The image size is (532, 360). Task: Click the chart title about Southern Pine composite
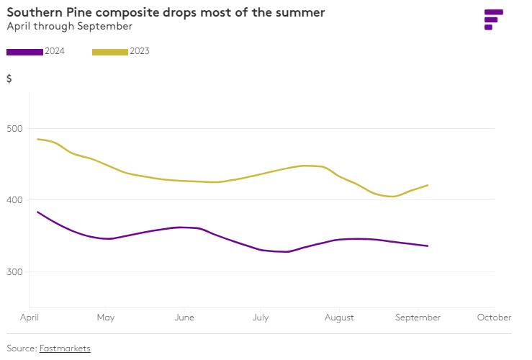pos(166,12)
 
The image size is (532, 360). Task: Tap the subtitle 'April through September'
pos(69,26)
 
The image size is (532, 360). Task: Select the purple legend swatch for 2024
pos(24,51)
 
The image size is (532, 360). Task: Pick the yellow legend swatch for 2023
pos(110,51)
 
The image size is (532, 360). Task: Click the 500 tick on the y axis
pos(14,129)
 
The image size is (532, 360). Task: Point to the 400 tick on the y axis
pos(14,200)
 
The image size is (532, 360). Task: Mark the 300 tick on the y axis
pos(14,272)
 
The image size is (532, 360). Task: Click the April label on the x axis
pos(30,318)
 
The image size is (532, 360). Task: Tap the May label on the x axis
pos(106,318)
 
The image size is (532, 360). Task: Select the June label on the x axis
pos(184,318)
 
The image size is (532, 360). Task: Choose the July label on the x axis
pos(261,318)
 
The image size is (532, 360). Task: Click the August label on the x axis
pos(339,318)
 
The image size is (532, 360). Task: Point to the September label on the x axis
pos(418,318)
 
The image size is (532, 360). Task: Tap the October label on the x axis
pos(495,318)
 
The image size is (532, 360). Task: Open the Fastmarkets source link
pos(65,348)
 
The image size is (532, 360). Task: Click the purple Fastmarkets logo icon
pos(493,19)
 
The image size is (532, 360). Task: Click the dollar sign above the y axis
pos(9,79)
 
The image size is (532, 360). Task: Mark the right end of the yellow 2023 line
pos(428,185)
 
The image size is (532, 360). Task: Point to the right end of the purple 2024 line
pos(428,246)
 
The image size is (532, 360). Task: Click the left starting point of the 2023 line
pos(37,139)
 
